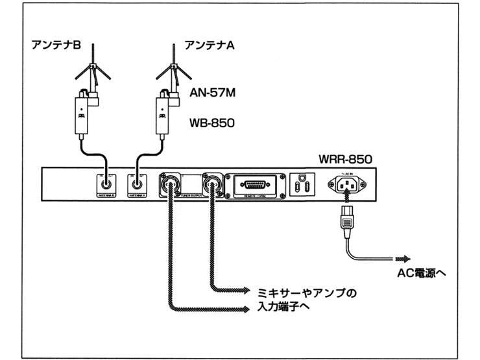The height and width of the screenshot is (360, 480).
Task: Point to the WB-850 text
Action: tap(212, 123)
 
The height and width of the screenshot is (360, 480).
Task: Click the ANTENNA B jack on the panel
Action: tap(103, 184)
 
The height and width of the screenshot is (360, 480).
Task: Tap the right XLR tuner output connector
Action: tap(211, 184)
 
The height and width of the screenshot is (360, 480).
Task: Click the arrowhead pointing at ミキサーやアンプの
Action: tap(246, 289)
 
